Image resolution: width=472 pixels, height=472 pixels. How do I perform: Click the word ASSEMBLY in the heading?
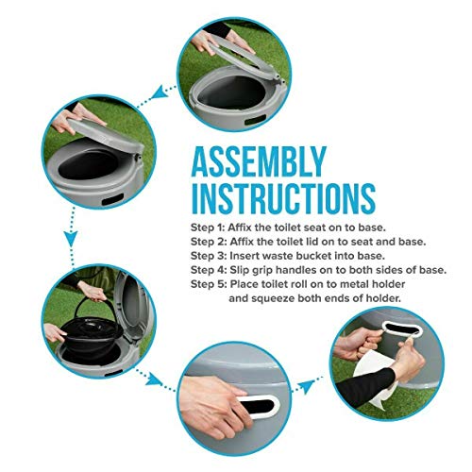259,161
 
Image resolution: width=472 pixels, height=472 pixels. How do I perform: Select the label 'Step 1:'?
208,228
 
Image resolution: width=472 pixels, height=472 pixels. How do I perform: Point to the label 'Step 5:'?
209,284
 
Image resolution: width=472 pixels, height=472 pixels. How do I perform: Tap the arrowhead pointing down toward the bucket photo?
72,239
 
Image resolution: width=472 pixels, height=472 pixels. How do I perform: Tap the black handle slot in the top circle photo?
256,120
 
